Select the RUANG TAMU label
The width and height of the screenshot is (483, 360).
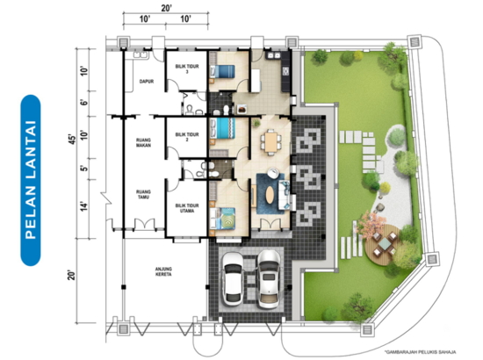[134, 191]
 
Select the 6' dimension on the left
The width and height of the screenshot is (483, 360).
[84, 102]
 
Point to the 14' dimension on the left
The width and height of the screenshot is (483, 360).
[84, 205]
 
